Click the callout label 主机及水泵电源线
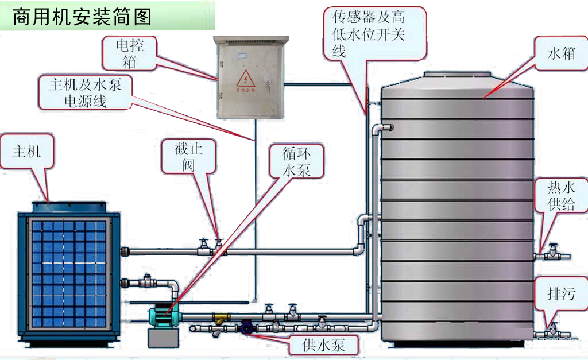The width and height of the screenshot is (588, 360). point(86,92)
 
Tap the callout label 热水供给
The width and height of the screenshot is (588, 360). point(560,195)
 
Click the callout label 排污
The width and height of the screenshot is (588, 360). point(560,295)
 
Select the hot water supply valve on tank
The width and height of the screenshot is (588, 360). point(554,251)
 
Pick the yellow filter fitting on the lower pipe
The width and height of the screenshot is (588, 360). point(220,318)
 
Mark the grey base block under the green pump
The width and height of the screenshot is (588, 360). point(163,338)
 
